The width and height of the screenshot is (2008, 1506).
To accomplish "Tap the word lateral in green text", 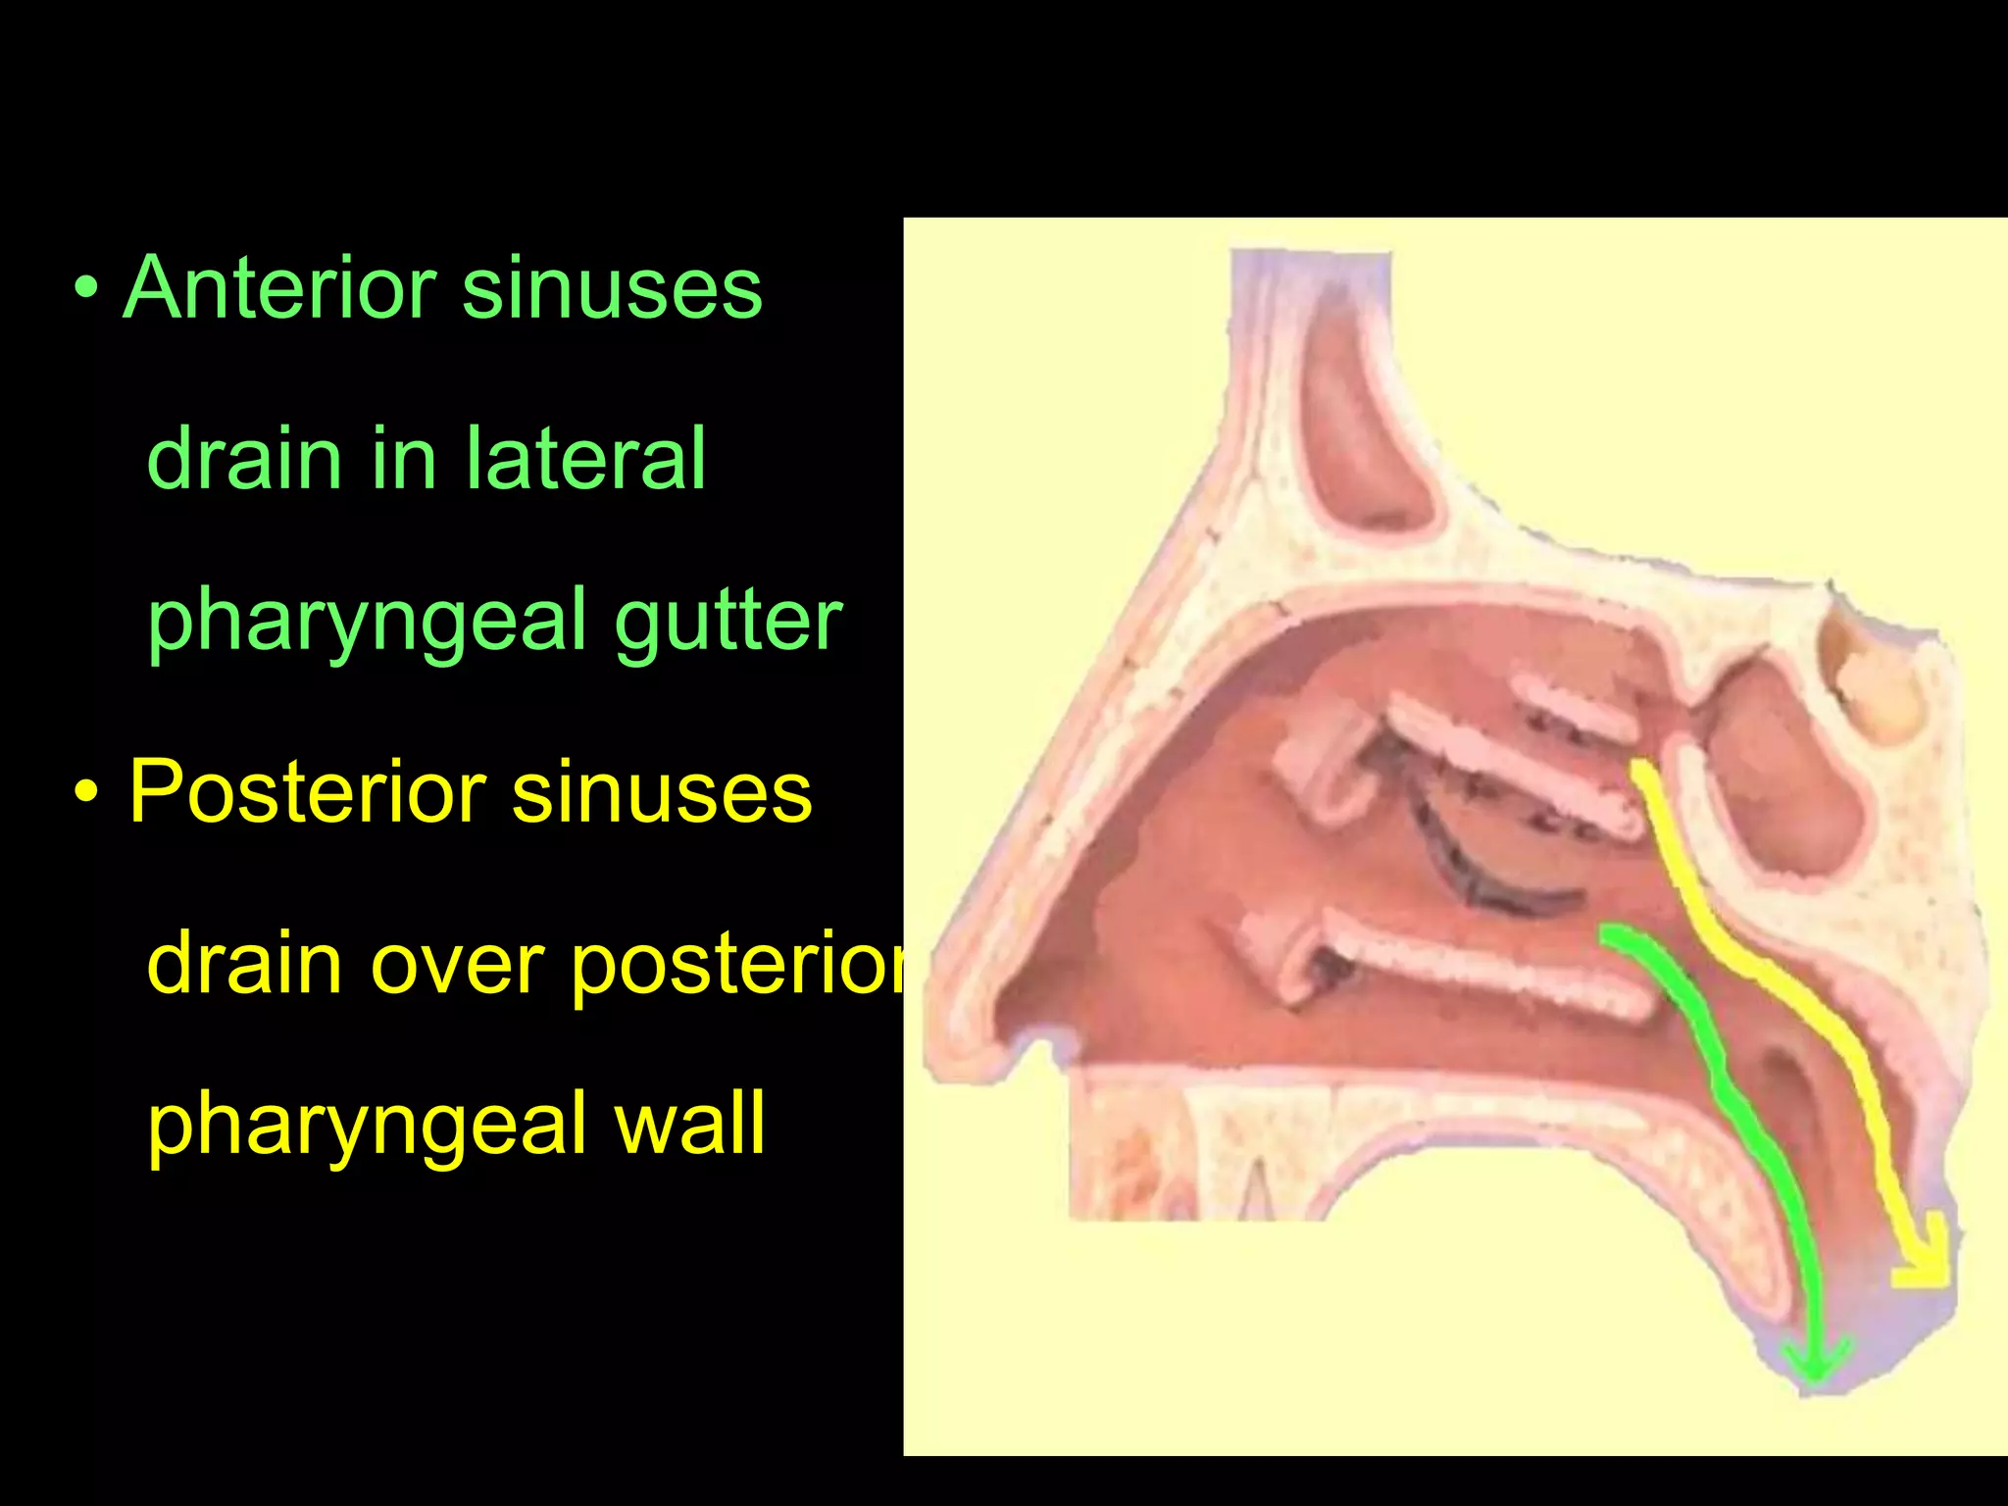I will pos(584,458).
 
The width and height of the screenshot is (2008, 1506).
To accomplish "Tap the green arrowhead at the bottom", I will pos(1815,1363).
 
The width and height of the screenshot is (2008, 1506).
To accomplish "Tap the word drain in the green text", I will pos(243,458).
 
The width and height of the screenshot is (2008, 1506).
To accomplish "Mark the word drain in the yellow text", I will pos(243,964).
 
